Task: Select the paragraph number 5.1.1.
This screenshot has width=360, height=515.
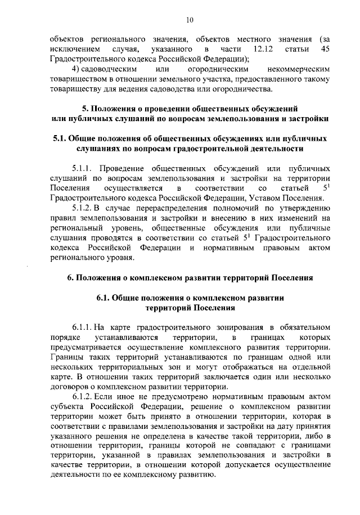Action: point(83,168)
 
